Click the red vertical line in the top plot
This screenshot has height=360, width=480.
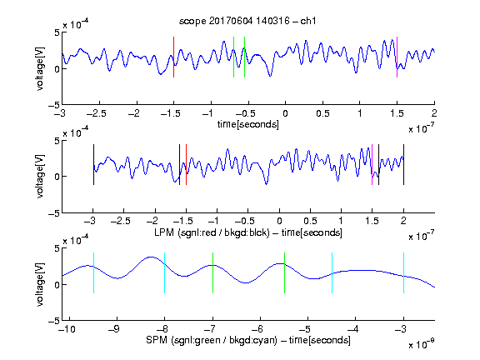click(x=173, y=57)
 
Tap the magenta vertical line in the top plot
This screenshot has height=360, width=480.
click(x=397, y=57)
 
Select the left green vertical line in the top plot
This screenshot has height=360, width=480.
click(x=233, y=57)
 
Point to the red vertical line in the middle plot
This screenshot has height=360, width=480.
click(x=186, y=165)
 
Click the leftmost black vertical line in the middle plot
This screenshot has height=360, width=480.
click(x=93, y=165)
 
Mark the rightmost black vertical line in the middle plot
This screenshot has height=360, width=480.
click(x=404, y=165)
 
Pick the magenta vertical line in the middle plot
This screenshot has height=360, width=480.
click(x=372, y=165)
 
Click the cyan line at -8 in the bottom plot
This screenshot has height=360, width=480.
click(x=165, y=272)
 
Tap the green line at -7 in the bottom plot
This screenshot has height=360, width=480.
click(x=212, y=272)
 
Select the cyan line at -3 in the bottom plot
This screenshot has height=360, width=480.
click(x=404, y=272)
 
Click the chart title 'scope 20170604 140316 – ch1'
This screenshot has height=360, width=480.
click(x=247, y=21)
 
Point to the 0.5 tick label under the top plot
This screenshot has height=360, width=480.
click(x=322, y=113)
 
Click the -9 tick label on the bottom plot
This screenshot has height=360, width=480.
click(x=114, y=329)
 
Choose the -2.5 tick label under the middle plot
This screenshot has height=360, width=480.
click(x=121, y=221)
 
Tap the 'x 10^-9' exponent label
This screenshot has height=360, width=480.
click(x=422, y=344)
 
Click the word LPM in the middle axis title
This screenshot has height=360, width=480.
click(x=164, y=232)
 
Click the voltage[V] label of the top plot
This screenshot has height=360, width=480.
click(x=40, y=68)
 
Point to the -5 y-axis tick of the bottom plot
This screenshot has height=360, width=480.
click(x=54, y=321)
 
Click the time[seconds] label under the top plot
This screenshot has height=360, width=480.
click(x=248, y=124)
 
